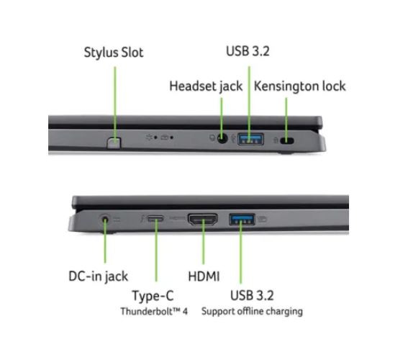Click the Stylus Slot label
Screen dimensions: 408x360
click(x=114, y=53)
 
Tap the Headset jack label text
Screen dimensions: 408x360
click(x=206, y=86)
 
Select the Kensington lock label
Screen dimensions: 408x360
click(x=300, y=86)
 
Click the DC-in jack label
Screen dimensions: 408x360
click(x=98, y=276)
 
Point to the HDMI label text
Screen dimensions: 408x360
click(x=204, y=276)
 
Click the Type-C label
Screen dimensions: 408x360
click(x=153, y=296)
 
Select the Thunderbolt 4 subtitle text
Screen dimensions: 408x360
click(x=154, y=311)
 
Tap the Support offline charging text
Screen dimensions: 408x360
click(x=252, y=311)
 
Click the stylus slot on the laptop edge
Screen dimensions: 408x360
click(x=114, y=143)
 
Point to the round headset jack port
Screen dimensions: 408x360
click(x=222, y=138)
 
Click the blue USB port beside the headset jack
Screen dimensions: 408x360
click(x=250, y=139)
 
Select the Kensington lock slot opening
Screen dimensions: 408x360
click(x=287, y=140)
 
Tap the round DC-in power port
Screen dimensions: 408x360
click(x=104, y=220)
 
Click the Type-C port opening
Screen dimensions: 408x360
click(x=156, y=218)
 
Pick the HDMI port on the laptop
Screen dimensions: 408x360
click(x=203, y=220)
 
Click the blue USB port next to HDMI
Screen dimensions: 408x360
click(x=242, y=219)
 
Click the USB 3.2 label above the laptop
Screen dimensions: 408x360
click(x=248, y=51)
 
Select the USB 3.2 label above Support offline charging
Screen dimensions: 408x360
click(x=252, y=295)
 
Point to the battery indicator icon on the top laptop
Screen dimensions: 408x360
click(x=165, y=138)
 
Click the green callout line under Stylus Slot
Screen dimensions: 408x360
click(x=115, y=104)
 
